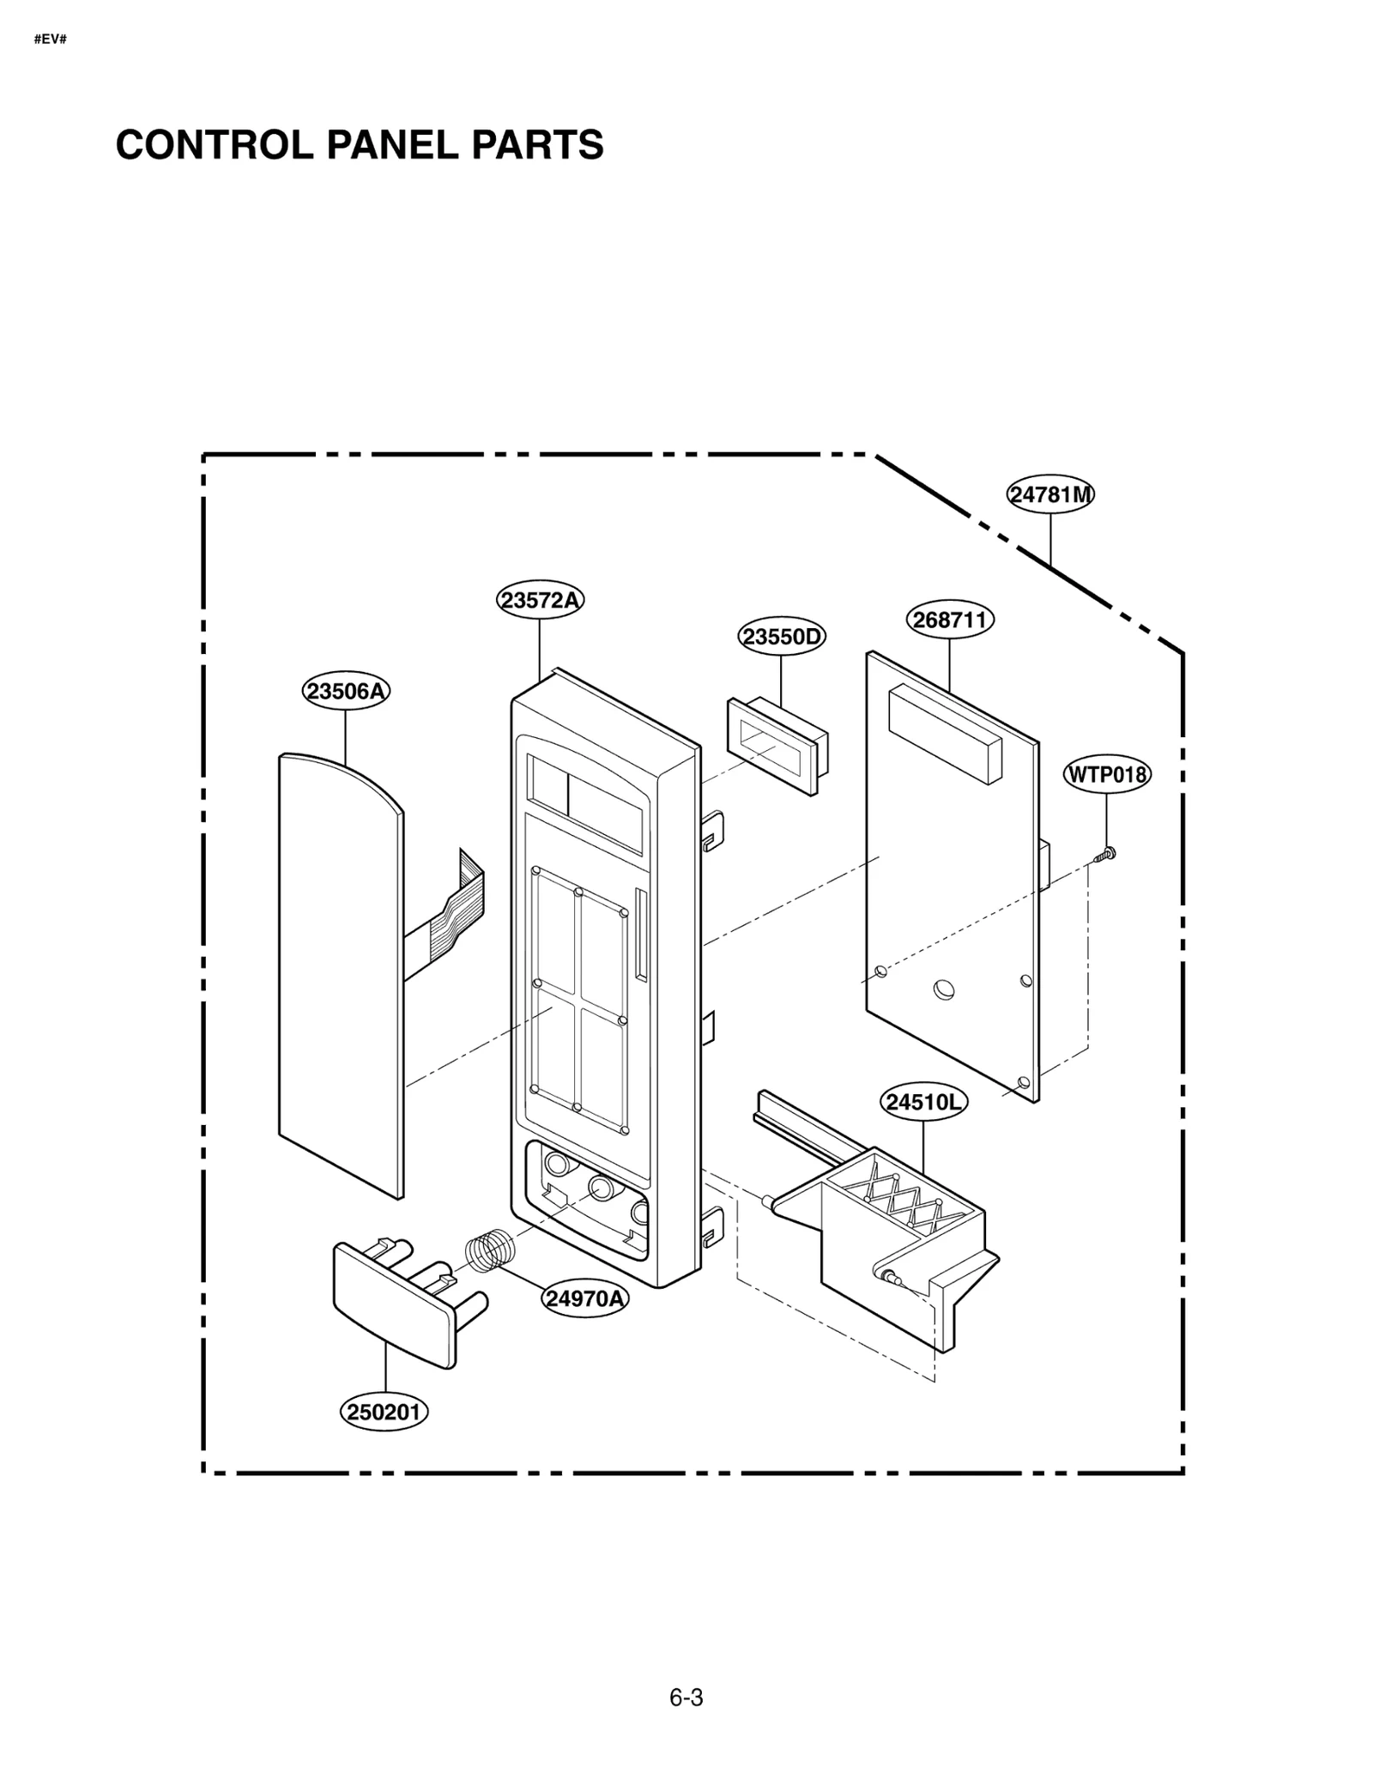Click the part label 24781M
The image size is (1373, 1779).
[1049, 494]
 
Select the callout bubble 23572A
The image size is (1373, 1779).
[540, 600]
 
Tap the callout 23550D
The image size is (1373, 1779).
[781, 637]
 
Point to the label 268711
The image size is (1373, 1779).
[949, 620]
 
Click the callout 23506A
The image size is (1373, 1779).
[346, 691]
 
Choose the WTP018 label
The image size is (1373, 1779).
[1106, 775]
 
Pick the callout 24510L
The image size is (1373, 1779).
[923, 1103]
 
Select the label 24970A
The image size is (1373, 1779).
[584, 1298]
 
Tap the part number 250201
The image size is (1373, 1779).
[384, 1412]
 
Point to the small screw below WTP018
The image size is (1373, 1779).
[1106, 853]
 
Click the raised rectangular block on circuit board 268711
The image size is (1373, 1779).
[944, 734]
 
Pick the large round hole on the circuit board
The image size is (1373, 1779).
[943, 989]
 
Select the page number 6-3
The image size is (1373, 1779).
[686, 1698]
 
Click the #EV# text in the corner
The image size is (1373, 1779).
[50, 40]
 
